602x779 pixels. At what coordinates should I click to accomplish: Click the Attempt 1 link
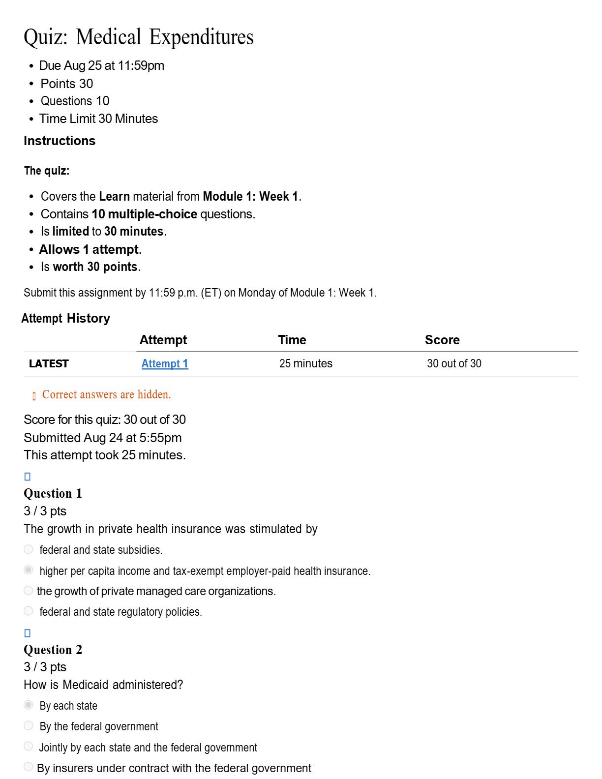click(165, 364)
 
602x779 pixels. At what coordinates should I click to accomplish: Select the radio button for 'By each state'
click(29, 705)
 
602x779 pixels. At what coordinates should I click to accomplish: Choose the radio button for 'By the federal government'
click(29, 725)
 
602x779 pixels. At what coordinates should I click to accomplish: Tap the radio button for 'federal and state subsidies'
click(29, 549)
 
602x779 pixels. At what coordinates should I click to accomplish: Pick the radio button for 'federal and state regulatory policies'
click(29, 611)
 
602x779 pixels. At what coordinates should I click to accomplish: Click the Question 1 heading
click(53, 493)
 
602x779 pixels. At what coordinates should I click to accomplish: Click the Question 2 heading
click(53, 650)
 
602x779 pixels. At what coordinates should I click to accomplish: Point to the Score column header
click(442, 340)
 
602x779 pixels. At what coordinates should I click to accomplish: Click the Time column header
click(292, 340)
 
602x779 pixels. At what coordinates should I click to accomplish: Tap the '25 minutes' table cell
click(306, 364)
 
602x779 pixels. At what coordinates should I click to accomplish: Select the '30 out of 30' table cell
click(454, 364)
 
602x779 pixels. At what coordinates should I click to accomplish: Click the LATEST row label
click(49, 364)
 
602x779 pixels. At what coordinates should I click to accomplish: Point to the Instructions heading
click(60, 141)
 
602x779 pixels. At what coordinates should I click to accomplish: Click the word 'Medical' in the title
click(109, 37)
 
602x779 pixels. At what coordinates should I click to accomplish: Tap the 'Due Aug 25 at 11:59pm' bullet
click(101, 66)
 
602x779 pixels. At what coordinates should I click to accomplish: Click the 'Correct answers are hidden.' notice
click(106, 394)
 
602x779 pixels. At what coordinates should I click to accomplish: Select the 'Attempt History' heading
click(66, 318)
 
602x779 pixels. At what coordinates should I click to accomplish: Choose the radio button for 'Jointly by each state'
click(29, 746)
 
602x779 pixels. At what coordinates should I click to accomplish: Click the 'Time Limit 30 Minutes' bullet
click(98, 119)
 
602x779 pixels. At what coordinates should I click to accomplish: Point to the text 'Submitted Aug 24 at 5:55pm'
click(103, 438)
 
